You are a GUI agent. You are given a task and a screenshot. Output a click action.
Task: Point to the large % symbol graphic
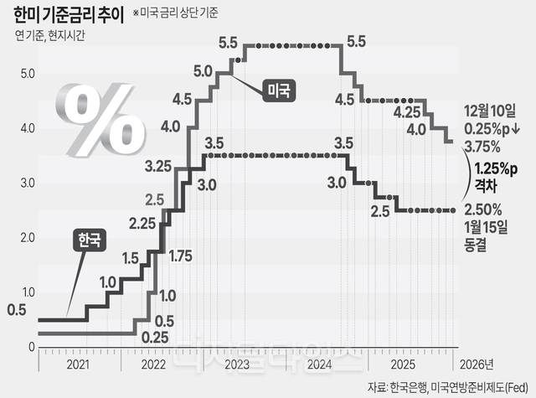click(x=94, y=117)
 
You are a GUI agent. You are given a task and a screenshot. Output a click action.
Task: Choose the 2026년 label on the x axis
click(x=478, y=365)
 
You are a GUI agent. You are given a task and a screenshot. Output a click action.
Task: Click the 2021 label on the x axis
click(x=77, y=365)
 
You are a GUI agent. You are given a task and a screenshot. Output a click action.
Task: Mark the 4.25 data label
click(x=406, y=111)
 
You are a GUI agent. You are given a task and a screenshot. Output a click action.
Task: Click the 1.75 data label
click(x=182, y=256)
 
